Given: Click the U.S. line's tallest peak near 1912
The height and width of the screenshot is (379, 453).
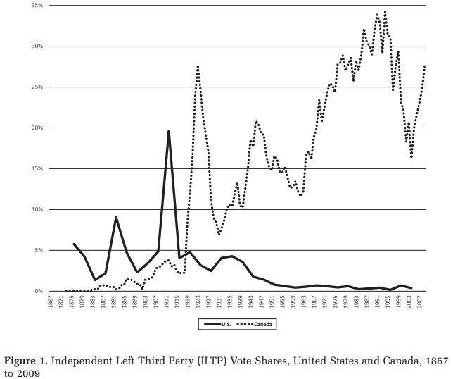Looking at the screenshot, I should [169, 132].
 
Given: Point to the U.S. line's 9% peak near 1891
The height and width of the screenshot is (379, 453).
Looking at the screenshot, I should [116, 218].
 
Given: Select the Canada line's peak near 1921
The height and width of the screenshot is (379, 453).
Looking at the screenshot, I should [198, 66].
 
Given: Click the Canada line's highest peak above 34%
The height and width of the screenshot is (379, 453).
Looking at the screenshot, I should [385, 12].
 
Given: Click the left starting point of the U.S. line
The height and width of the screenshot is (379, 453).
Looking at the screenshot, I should [74, 244].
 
